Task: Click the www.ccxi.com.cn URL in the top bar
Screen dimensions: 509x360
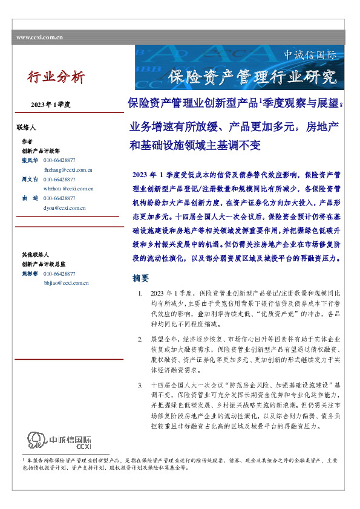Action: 40,37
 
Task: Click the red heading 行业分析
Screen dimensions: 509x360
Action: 56,77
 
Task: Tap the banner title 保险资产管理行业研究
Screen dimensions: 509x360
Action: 252,77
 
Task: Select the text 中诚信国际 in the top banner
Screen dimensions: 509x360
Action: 310,55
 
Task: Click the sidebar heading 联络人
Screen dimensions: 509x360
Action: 27,128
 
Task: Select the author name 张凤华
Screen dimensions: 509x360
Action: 30,160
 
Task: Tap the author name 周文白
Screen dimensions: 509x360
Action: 30,180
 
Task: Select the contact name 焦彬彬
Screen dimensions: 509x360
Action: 30,274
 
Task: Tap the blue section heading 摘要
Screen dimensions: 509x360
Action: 140,278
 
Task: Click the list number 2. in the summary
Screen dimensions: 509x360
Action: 140,339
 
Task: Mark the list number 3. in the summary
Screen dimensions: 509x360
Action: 140,384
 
